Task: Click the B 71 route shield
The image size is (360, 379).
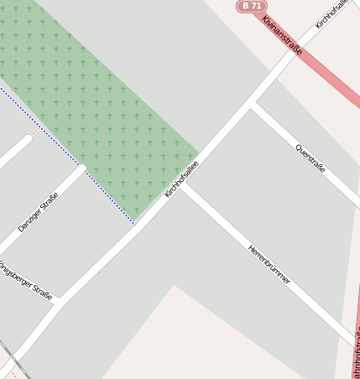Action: pos(251,6)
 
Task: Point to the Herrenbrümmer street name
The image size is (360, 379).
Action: pos(269,264)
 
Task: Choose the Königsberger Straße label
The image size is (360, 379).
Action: pos(25,281)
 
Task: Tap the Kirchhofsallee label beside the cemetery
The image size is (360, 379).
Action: pos(181,179)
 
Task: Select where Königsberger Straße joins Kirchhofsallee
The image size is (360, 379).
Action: pos(57,302)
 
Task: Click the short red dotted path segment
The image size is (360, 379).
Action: pos(34,132)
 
